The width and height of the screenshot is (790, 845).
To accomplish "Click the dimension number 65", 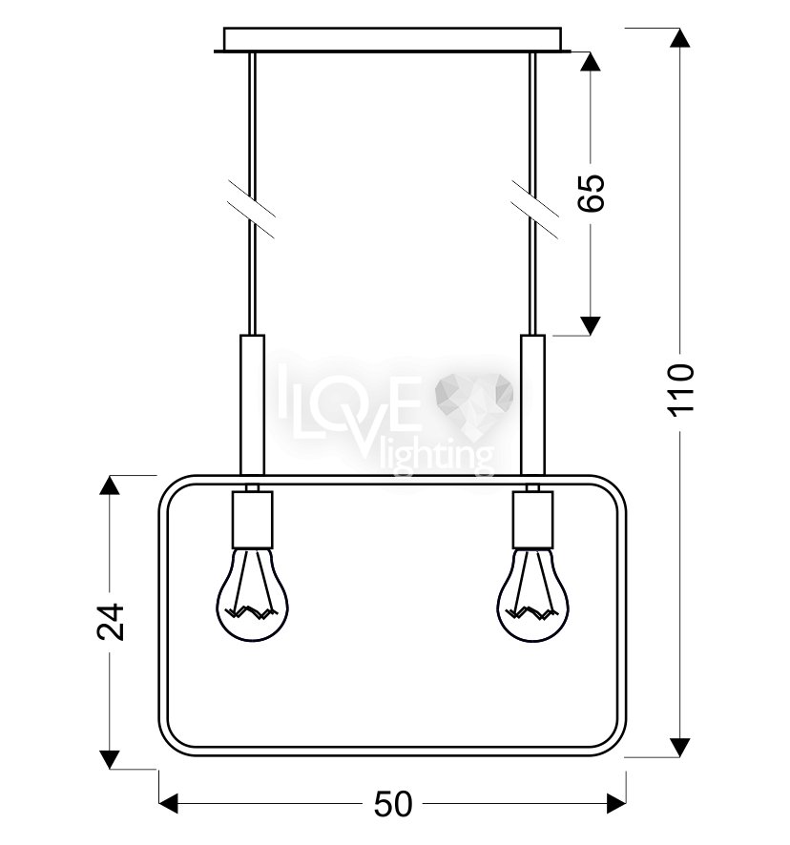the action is [x=591, y=193].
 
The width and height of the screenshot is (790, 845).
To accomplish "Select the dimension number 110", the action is [x=681, y=389].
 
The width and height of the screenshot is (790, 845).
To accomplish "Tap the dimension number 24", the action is [x=110, y=622].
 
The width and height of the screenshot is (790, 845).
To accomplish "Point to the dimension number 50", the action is [x=393, y=804].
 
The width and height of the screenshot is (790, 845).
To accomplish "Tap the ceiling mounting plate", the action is [x=392, y=40].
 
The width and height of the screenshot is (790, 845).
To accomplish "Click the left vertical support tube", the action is [x=253, y=404].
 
